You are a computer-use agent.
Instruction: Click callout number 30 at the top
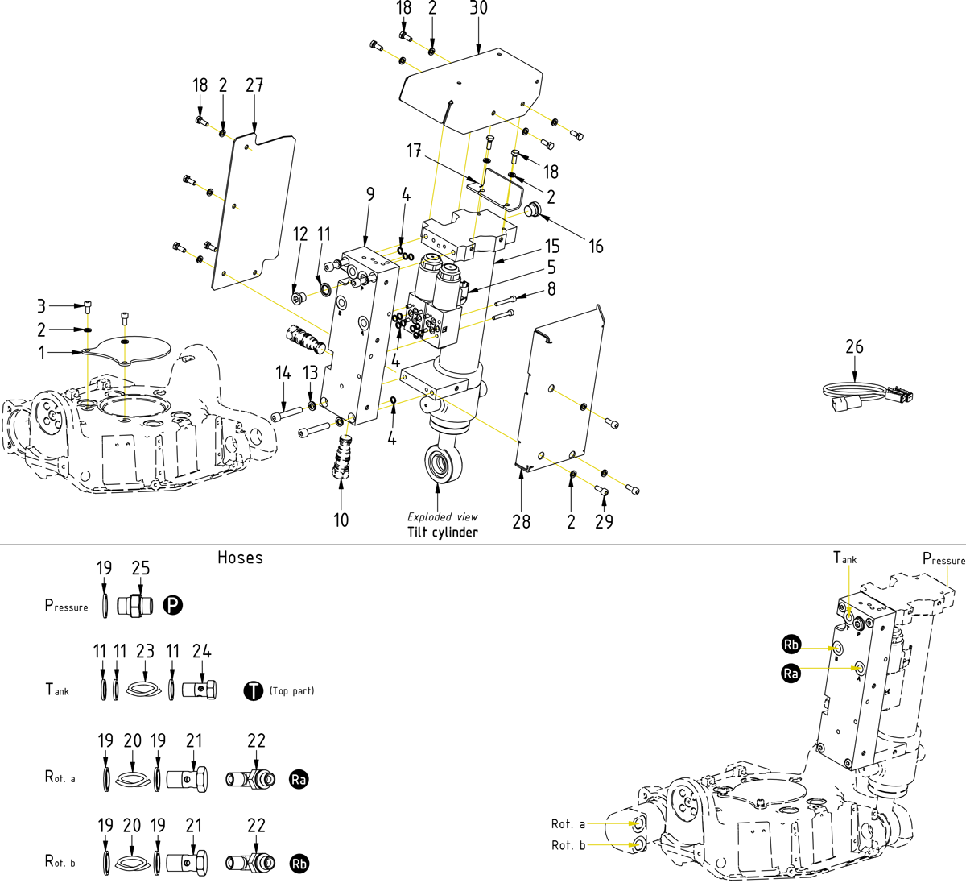(x=478, y=8)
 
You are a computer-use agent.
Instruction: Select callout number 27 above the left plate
(x=254, y=85)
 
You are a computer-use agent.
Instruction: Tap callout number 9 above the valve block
(x=369, y=194)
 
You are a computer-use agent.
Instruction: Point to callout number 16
(x=596, y=247)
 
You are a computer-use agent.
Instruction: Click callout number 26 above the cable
(x=854, y=346)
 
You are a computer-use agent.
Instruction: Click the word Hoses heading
(x=240, y=558)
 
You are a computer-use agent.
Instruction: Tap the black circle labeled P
(x=173, y=606)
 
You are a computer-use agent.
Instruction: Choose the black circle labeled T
(x=253, y=690)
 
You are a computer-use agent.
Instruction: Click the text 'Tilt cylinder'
(x=442, y=533)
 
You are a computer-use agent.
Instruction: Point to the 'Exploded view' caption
(x=442, y=517)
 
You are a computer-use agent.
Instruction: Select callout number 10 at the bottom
(x=341, y=520)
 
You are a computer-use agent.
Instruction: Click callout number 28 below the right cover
(x=522, y=522)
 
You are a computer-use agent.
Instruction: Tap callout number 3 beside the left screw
(x=42, y=305)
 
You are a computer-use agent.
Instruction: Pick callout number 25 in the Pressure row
(x=141, y=569)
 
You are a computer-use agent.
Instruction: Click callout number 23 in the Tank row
(x=145, y=652)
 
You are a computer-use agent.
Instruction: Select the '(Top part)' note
(x=291, y=691)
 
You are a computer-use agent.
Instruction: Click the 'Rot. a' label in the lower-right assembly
(x=568, y=824)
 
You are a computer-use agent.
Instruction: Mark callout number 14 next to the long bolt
(x=283, y=373)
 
